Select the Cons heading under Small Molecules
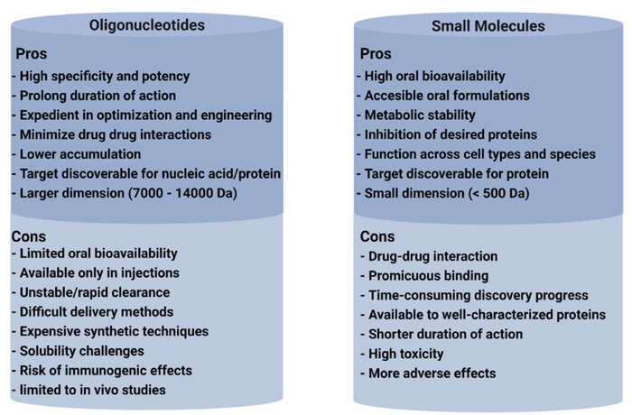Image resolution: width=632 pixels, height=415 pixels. click(x=378, y=235)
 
